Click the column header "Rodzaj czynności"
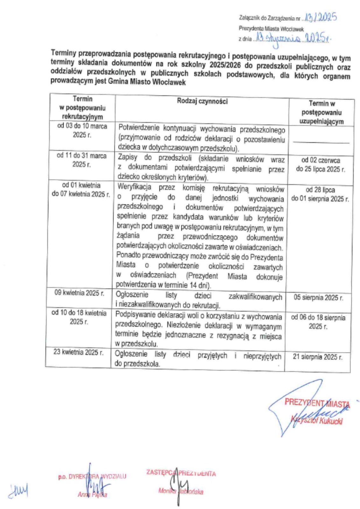click(x=202, y=101)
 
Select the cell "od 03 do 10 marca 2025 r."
click(x=82, y=130)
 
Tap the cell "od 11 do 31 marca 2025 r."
click(x=82, y=160)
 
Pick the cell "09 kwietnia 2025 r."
click(x=79, y=293)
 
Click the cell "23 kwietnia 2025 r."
click(x=78, y=352)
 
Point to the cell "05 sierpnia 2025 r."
click(x=318, y=298)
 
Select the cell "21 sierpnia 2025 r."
click(x=318, y=357)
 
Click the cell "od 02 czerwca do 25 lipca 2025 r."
click(x=321, y=165)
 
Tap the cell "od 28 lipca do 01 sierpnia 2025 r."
click(x=320, y=194)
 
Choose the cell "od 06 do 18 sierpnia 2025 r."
click(x=318, y=322)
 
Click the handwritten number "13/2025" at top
click(x=321, y=17)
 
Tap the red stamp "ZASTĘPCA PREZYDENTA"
click(x=181, y=473)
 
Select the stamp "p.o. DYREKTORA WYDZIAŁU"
click(x=92, y=477)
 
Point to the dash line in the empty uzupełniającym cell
click(x=321, y=142)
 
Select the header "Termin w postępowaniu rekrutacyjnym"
click(x=82, y=108)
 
